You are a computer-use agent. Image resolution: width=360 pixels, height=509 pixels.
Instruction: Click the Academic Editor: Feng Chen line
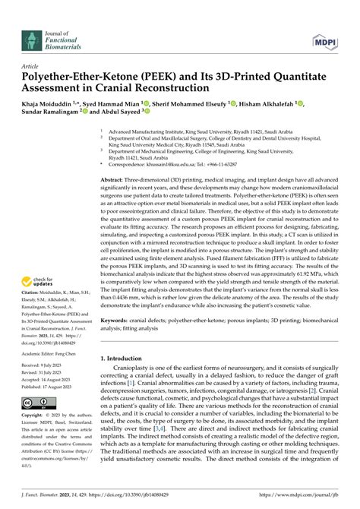[x=52, y=353]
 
